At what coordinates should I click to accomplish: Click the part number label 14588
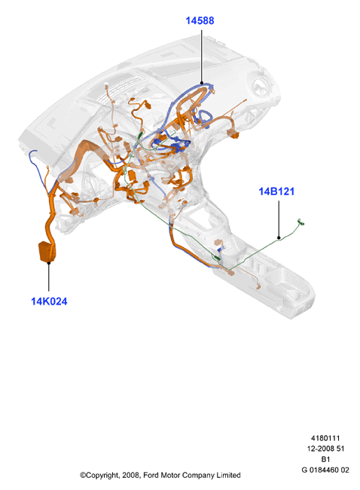(200, 20)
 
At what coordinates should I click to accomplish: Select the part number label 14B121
(276, 191)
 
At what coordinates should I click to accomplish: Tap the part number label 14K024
(49, 302)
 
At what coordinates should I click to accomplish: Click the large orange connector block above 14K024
(47, 251)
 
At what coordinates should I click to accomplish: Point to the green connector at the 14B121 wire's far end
(301, 222)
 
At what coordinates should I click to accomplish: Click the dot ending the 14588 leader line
(202, 83)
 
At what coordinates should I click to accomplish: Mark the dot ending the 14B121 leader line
(279, 237)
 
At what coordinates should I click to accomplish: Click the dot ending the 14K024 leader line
(49, 263)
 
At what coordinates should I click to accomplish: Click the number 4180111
(325, 438)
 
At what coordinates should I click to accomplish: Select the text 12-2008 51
(325, 449)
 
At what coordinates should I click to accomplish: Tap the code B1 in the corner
(325, 459)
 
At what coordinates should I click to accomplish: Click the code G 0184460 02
(325, 470)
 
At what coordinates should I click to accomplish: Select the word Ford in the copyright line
(151, 476)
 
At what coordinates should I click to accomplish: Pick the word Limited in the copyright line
(230, 476)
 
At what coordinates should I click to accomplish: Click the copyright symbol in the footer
(83, 476)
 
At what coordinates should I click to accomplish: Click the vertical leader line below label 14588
(202, 56)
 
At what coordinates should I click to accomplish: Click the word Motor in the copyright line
(170, 476)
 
